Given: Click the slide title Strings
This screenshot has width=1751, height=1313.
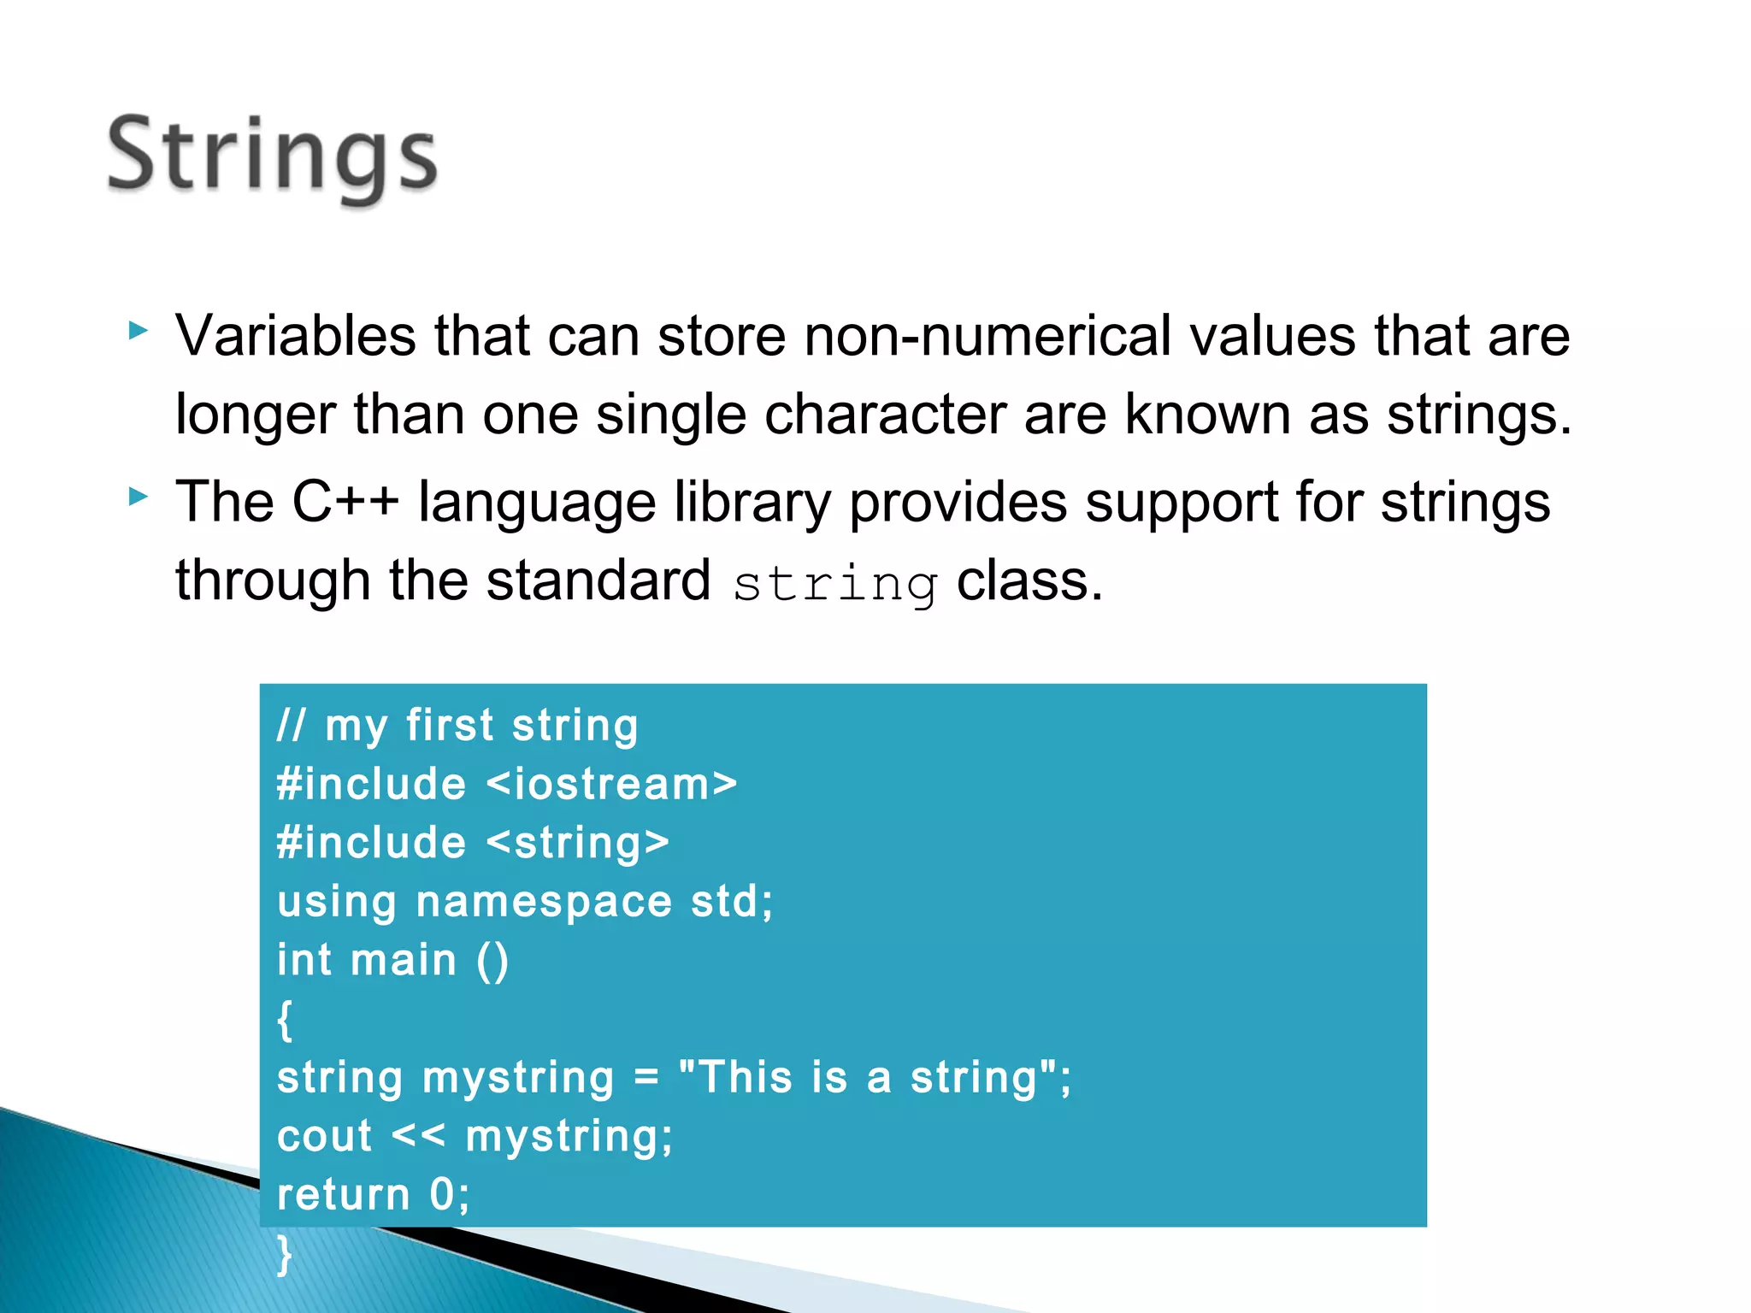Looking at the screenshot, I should (x=272, y=156).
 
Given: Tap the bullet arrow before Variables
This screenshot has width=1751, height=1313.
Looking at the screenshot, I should (x=138, y=331).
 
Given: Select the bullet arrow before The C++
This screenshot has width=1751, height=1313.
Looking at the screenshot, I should (x=138, y=497).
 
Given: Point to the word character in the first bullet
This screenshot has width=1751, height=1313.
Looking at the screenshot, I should (x=884, y=415).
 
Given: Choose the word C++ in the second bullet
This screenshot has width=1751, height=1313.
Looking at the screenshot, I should (x=345, y=502).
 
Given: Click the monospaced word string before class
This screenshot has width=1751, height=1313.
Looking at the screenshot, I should (x=834, y=585).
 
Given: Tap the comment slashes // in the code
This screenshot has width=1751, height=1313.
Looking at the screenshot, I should (x=291, y=725).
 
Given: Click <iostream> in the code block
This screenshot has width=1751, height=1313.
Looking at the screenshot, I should (x=611, y=784).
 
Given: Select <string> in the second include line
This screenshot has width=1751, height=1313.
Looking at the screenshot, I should (x=577, y=843).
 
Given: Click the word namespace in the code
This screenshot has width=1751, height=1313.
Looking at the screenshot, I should (x=544, y=902).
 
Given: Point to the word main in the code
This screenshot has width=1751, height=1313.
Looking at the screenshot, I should (x=404, y=960).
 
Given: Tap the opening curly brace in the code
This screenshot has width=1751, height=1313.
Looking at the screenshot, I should (x=285, y=1020).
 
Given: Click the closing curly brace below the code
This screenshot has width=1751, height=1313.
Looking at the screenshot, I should (x=285, y=1254).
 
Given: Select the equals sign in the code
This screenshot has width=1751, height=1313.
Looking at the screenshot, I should (x=646, y=1077).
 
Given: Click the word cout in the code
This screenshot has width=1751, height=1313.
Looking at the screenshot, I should (x=325, y=1136).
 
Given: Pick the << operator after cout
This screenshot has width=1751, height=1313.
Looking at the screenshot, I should (x=418, y=1136).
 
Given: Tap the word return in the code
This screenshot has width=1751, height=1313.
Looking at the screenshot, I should (x=344, y=1194).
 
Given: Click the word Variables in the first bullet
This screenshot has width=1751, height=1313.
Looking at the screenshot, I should (x=296, y=335).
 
